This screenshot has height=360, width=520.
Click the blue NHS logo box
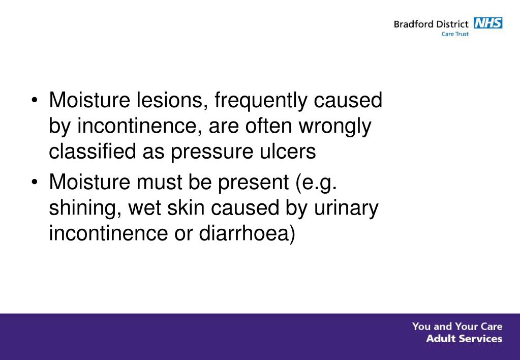(x=487, y=23)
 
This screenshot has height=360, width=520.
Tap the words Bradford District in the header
(x=431, y=24)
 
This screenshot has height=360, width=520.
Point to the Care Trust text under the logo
(x=455, y=34)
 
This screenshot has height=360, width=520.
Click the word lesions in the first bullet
(x=167, y=101)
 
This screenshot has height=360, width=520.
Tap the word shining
(x=85, y=208)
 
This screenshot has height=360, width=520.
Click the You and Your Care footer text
(x=457, y=326)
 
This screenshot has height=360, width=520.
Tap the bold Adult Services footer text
(x=464, y=339)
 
